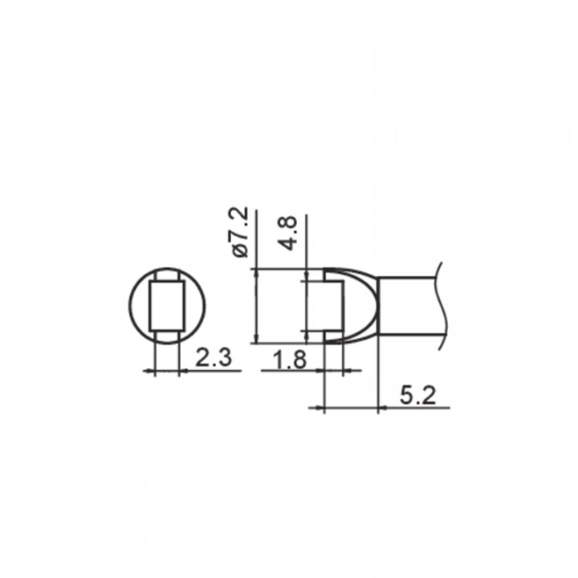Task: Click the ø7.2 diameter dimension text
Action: pos(241,233)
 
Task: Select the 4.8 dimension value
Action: pos(288,234)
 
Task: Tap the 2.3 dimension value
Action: pos(214,357)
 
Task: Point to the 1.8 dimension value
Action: pos(291,360)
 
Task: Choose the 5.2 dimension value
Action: pos(417,396)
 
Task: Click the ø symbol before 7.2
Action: pos(241,250)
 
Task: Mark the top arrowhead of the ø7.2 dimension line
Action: pos(257,274)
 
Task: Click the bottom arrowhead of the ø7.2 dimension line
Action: pos(257,338)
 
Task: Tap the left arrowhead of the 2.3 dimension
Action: pos(150,371)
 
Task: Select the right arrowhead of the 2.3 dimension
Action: pos(184,371)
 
